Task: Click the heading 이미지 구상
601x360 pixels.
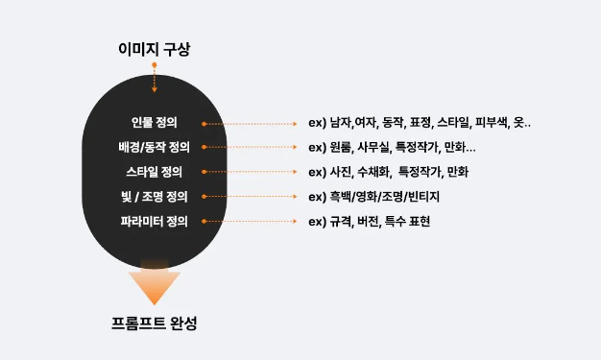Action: [155, 49]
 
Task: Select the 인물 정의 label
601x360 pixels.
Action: [155, 123]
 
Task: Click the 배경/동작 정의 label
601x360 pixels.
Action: [155, 148]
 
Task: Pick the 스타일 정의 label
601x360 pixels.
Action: [155, 173]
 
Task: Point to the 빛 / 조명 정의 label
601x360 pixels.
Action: [155, 197]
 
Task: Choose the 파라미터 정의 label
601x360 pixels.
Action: [155, 222]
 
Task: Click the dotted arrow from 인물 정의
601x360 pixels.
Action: [250, 124]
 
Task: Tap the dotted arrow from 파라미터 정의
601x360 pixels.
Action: [250, 222]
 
